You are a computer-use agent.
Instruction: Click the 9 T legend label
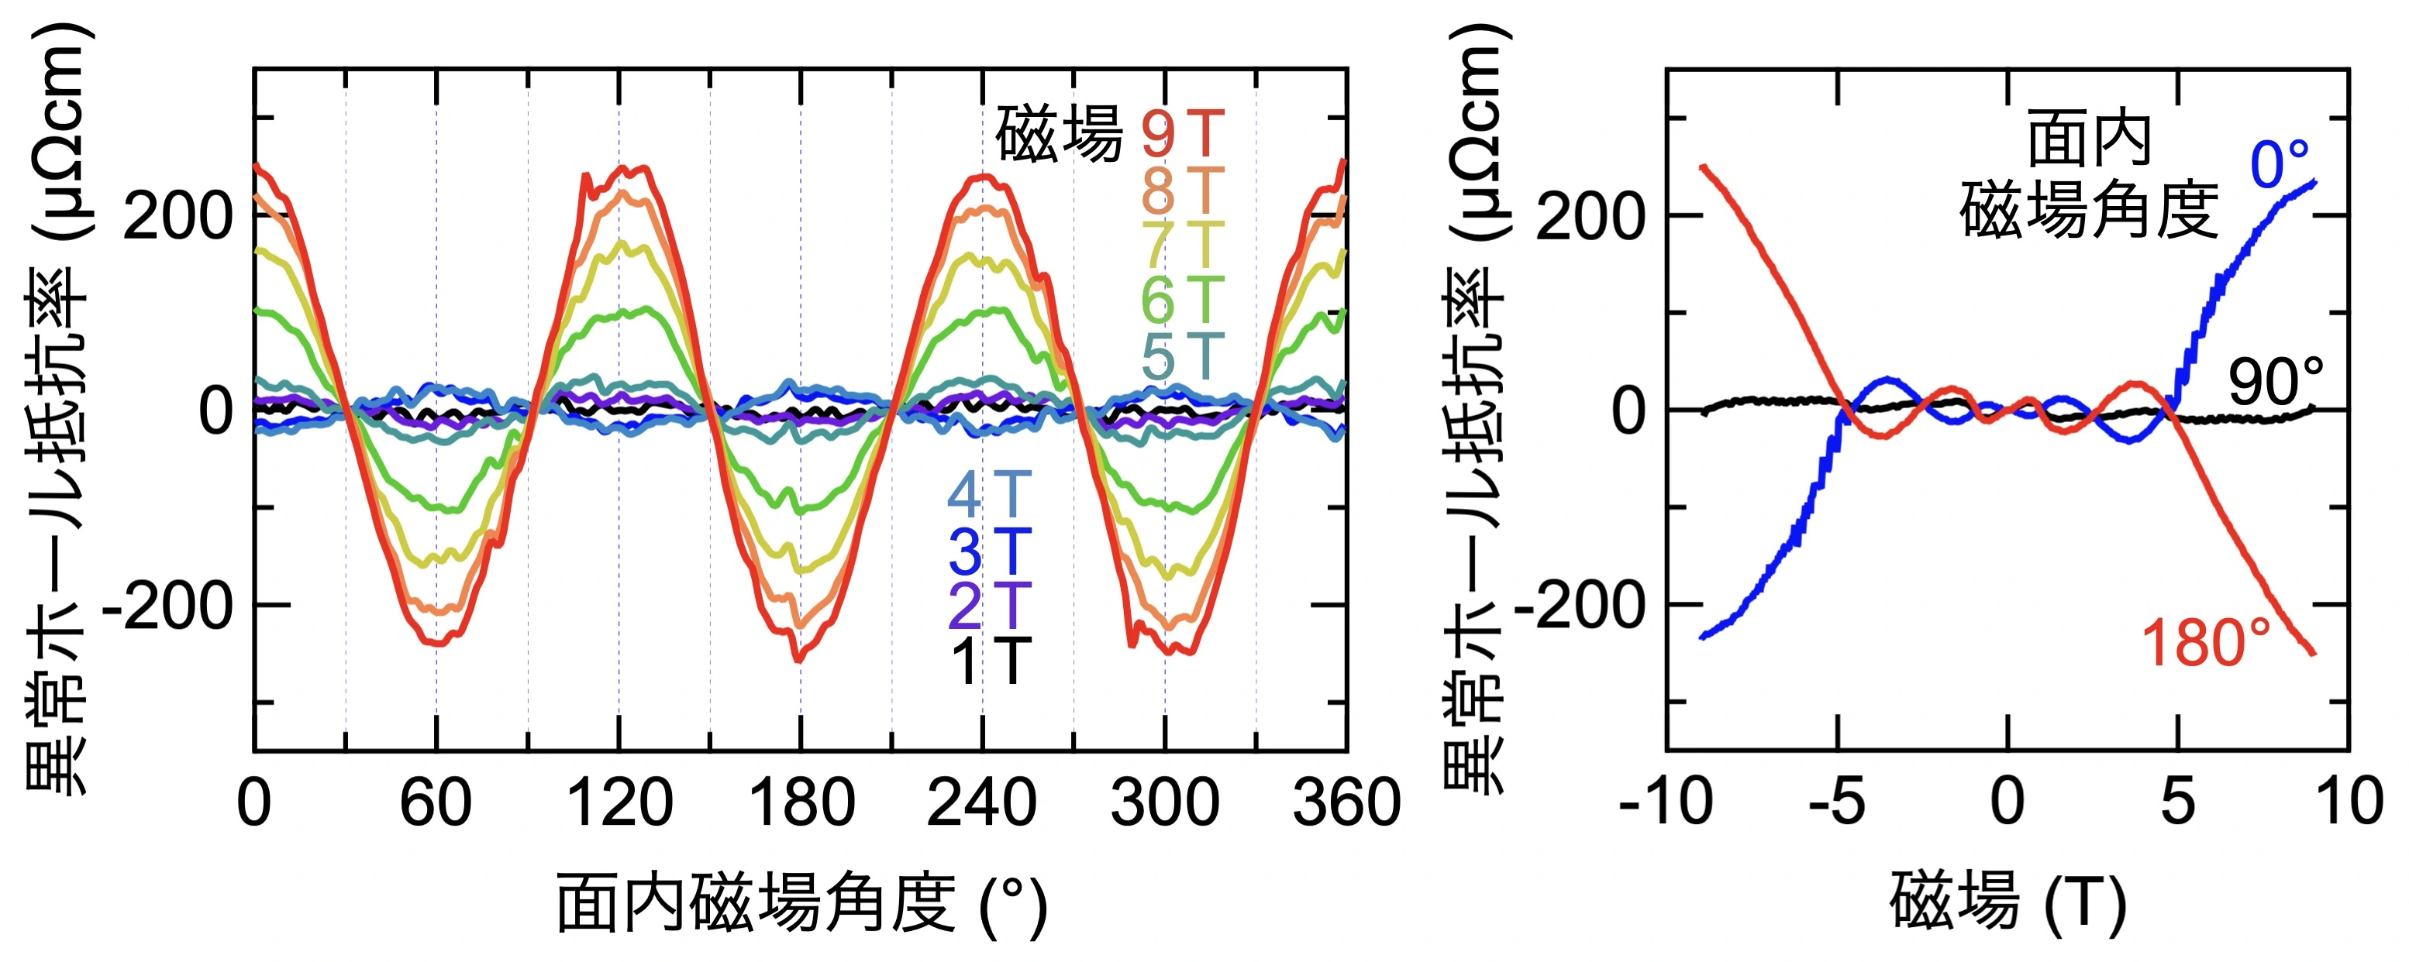pos(1182,135)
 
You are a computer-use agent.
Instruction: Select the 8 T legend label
pos(1182,191)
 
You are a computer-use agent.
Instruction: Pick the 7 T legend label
pos(1182,245)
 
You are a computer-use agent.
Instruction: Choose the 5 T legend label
pos(1182,356)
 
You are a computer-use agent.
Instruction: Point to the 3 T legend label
pos(989,551)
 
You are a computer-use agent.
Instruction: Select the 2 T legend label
pos(989,606)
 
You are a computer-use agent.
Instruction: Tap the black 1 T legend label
pos(989,661)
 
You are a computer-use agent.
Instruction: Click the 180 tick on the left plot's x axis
pos(801,803)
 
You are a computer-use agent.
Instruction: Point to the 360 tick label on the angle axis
pos(1346,803)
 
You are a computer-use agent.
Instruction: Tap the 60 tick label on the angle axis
pos(436,803)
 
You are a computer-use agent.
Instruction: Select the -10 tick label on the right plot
pos(1666,803)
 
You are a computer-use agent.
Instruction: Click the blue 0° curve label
pos(2279,166)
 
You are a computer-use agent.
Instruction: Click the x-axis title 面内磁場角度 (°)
pos(801,904)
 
